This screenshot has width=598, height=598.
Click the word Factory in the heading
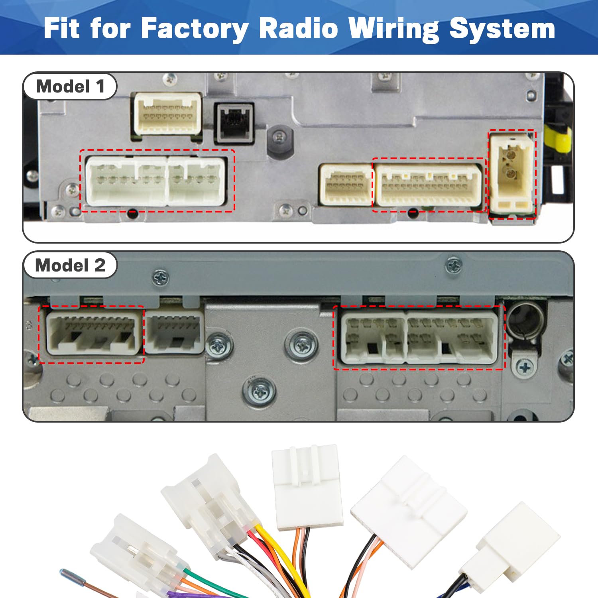[x=195, y=29]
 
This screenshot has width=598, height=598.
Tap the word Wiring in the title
[x=393, y=29]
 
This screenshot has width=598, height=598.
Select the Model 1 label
[x=70, y=86]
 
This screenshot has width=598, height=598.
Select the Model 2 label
[x=70, y=265]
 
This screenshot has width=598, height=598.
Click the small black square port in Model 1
[x=234, y=123]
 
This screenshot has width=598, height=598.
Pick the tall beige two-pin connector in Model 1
[x=512, y=174]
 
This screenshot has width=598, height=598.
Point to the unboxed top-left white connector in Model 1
[x=167, y=114]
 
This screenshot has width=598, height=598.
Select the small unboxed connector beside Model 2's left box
[x=174, y=332]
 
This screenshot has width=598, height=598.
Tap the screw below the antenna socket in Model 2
[x=525, y=366]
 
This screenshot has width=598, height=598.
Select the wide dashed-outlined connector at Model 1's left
[x=156, y=181]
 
